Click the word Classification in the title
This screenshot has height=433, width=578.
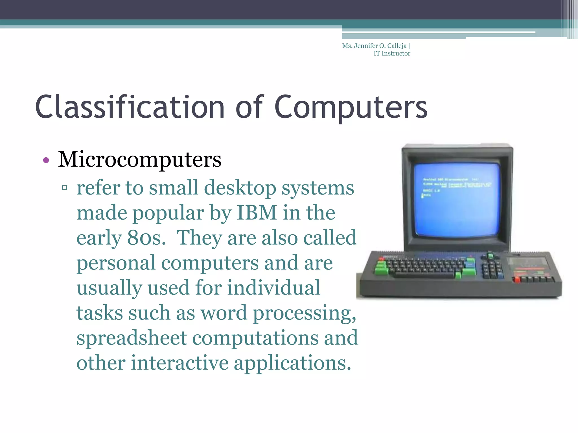coord(130,107)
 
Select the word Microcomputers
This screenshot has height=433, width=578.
coord(140,160)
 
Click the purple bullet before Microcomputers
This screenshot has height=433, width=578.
coord(46,160)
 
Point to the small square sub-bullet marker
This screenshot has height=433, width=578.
coord(64,187)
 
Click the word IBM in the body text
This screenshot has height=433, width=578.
coord(257,213)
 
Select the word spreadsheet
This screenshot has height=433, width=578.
coord(132,338)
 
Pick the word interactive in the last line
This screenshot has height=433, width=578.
coord(179,363)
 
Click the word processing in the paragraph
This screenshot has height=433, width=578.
coord(304,313)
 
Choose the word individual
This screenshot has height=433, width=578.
coord(274,288)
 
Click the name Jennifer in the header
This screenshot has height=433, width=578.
coord(366,46)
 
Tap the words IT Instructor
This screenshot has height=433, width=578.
coord(392,54)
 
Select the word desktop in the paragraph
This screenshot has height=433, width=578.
coord(240,188)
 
